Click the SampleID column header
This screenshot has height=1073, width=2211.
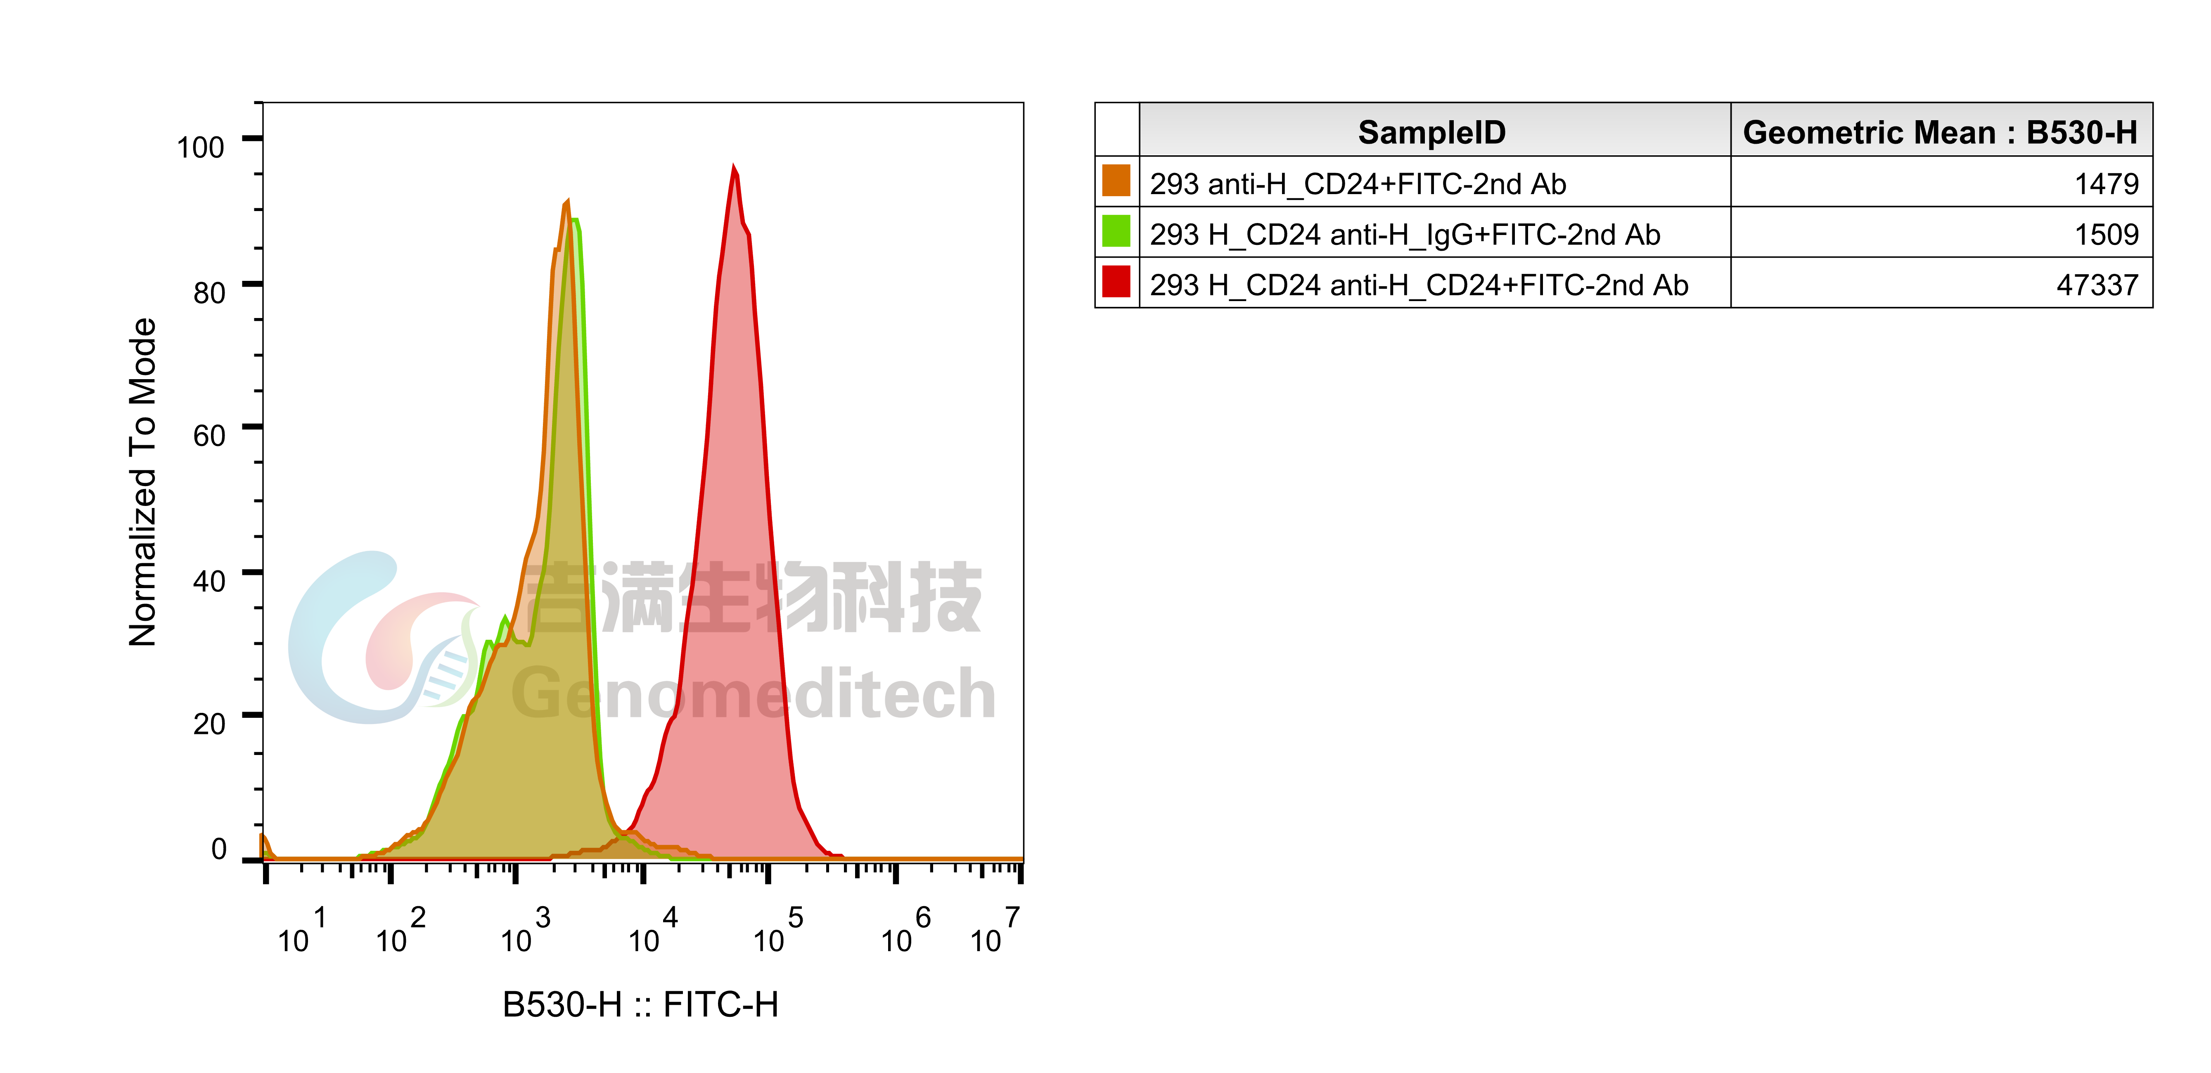1431,132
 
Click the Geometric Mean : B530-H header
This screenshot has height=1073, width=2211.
1940,132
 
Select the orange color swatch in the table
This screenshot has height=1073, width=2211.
1116,181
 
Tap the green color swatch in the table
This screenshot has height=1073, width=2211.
1116,232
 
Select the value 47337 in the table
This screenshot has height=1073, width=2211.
2097,285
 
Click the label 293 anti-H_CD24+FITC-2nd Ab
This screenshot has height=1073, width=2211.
1358,184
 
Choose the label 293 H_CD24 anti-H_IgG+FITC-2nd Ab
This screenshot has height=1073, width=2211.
1405,234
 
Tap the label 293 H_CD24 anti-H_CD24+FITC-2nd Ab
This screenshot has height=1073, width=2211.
1419,285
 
